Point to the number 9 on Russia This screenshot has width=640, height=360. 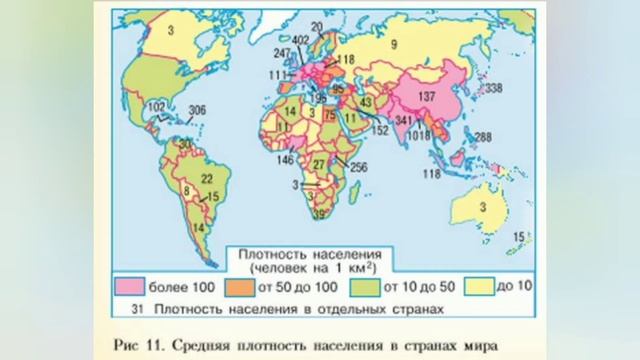(x=394, y=43)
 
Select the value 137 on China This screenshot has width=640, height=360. (x=428, y=97)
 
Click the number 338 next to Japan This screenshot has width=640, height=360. (x=492, y=90)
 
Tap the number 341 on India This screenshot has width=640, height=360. (x=405, y=120)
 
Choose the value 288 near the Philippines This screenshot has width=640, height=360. (x=482, y=137)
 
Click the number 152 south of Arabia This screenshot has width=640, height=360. (x=379, y=130)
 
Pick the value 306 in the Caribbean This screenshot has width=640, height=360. (x=197, y=111)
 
